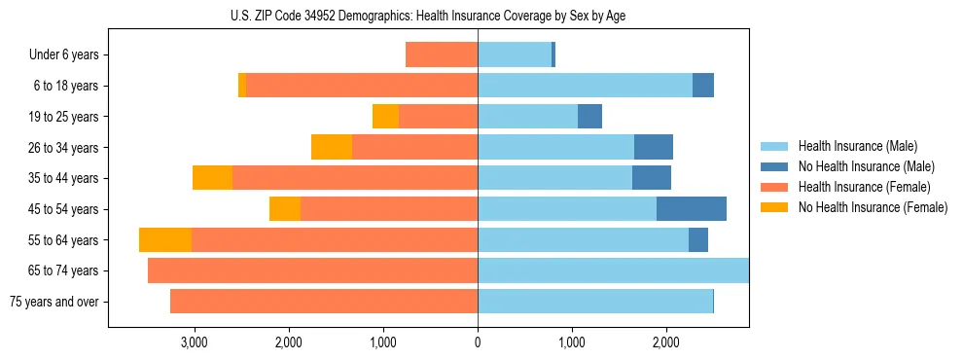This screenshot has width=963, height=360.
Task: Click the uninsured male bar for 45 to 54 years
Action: click(692, 209)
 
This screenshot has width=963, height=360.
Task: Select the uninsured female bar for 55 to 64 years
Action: click(165, 240)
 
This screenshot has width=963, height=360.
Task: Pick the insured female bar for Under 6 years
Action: click(442, 55)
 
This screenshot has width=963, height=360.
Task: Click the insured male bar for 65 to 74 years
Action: click(613, 270)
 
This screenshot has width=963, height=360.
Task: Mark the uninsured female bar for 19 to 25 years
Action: click(386, 117)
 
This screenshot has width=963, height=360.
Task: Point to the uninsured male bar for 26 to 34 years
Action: click(654, 148)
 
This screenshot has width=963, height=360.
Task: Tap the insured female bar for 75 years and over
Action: click(324, 302)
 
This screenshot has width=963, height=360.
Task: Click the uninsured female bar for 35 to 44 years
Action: click(213, 178)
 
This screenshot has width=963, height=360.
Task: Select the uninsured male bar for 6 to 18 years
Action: click(703, 86)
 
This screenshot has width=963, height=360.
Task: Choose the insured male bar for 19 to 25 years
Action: click(527, 117)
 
